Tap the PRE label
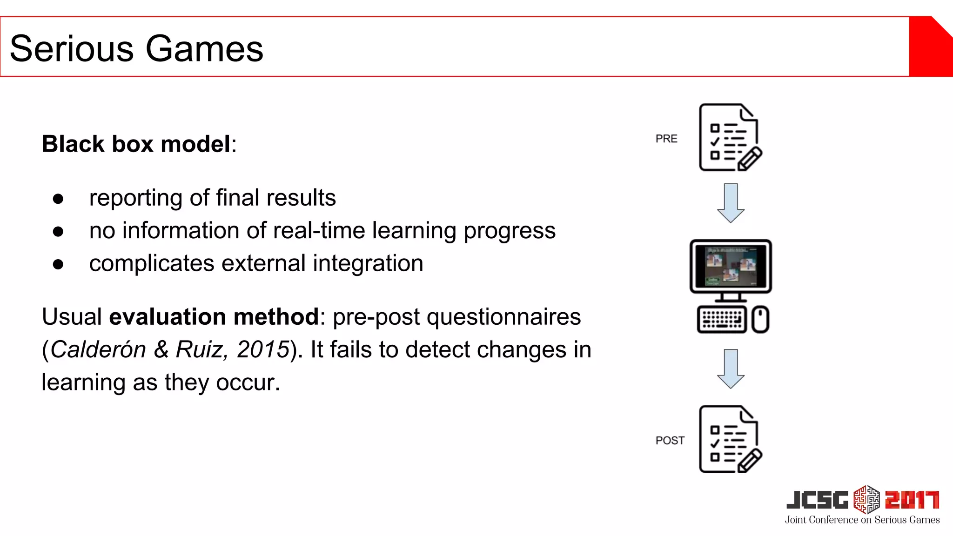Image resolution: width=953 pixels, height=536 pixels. point(666,139)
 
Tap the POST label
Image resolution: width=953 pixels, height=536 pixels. point(670,440)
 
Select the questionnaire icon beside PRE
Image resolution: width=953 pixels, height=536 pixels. point(729,138)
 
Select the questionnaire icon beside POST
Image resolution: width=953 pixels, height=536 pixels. point(729,439)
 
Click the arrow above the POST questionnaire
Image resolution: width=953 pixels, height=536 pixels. point(731,368)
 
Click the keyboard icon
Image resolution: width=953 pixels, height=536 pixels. point(721,319)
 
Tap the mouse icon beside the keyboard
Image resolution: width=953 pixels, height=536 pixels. point(760,319)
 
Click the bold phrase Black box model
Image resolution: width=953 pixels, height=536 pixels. point(136,144)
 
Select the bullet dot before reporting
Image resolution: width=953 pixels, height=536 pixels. point(58,199)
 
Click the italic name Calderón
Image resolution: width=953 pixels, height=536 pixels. point(98,349)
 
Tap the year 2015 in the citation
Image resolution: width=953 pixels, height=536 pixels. point(263,349)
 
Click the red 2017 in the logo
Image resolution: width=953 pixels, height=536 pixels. point(912,500)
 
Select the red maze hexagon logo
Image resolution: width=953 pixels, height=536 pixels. point(866,499)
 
